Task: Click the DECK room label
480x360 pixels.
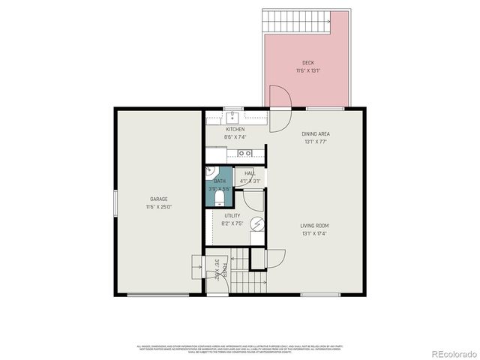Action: point(307,62)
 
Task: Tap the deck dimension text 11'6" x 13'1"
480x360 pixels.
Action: point(307,70)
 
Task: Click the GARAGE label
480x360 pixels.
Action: point(157,199)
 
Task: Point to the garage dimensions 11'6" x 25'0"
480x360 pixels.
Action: point(157,207)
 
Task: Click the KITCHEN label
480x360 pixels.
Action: point(235,129)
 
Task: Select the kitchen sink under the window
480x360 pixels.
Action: point(233,117)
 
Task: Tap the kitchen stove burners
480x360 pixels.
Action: point(244,154)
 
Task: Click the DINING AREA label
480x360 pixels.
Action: point(316,133)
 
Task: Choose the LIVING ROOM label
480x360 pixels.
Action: point(316,225)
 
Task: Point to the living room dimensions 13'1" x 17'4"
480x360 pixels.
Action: point(316,233)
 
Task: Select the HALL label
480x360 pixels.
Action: point(250,173)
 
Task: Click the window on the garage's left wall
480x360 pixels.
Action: point(115,203)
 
